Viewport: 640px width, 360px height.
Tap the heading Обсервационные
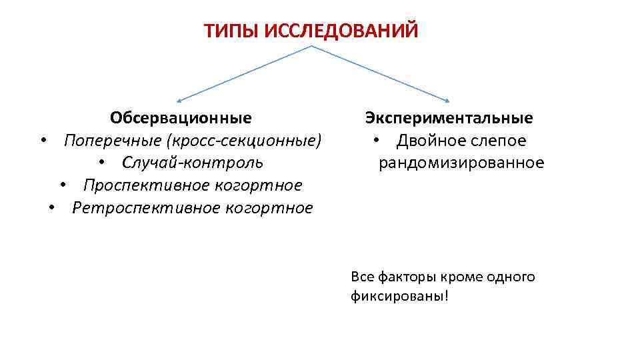point(181,119)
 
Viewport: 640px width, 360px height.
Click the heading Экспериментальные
point(449,119)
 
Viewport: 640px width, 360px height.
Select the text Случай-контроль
point(193,163)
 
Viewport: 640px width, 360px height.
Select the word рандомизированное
point(461,163)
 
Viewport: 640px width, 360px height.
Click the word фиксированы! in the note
point(400,295)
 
